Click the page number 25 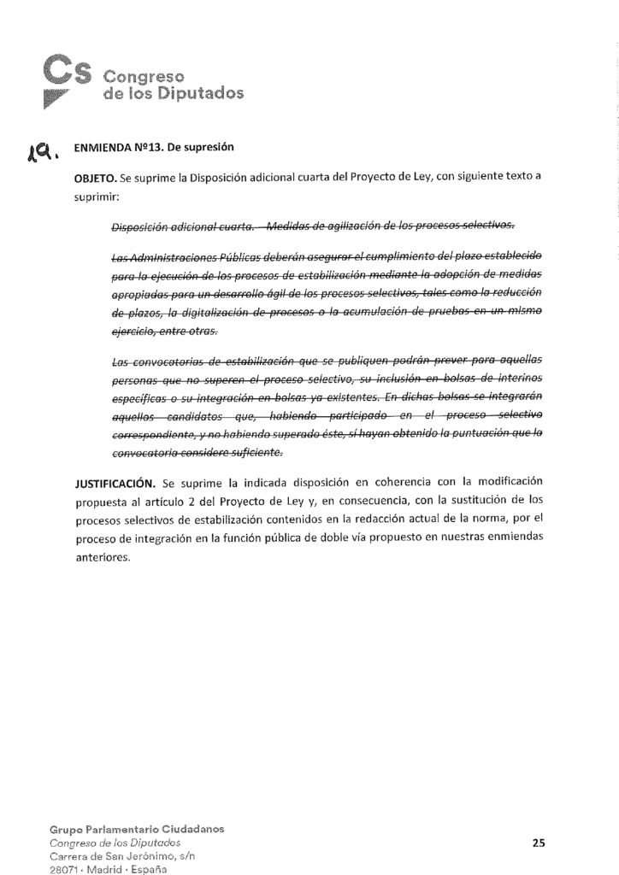click(538, 843)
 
